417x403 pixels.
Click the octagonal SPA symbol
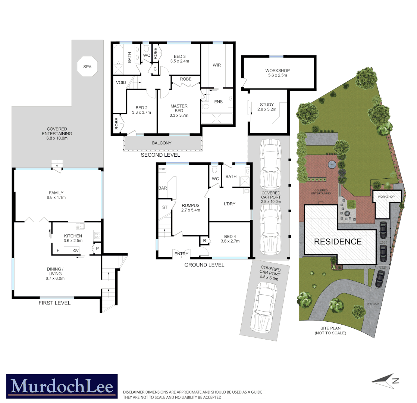[87, 67]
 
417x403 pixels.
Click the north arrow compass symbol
[385, 380]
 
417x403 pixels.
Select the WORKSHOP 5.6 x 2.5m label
[278, 73]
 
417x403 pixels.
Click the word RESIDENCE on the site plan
[338, 241]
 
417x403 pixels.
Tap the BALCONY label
[162, 143]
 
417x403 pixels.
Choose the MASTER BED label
[179, 110]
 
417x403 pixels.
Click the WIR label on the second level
[217, 65]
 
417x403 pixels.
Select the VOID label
[121, 82]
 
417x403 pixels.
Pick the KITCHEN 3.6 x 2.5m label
[73, 238]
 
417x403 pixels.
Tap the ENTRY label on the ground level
[181, 254]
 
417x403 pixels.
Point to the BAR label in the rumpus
[163, 188]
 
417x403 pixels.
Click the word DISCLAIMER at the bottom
[134, 392]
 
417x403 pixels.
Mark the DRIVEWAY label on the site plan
[373, 304]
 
